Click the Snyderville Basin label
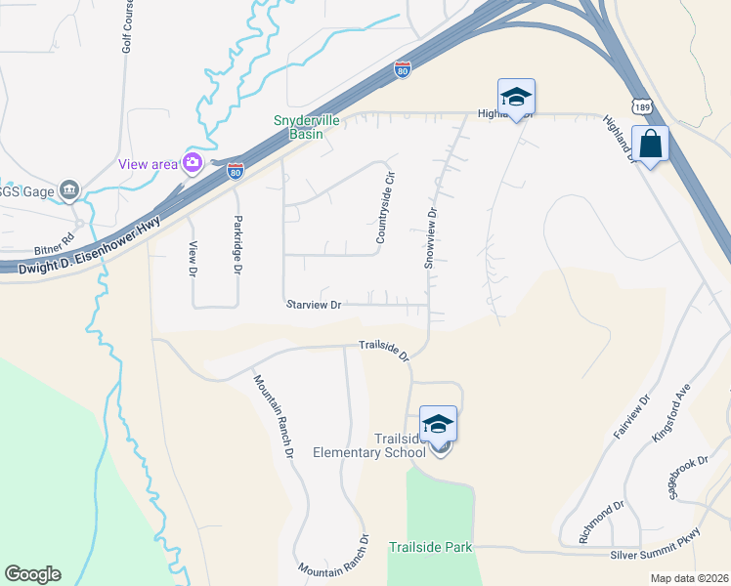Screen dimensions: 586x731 point(304,127)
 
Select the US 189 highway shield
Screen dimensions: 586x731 point(641,105)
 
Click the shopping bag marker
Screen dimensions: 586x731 point(650,145)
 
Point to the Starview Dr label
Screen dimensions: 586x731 point(314,305)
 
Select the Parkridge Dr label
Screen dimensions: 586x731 point(236,245)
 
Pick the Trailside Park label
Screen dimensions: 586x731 point(431,547)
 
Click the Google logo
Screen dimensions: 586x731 point(32,574)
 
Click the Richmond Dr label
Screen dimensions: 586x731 point(601,522)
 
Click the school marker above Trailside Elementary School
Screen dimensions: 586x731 point(438,424)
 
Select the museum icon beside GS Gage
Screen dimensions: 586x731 point(69,190)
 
